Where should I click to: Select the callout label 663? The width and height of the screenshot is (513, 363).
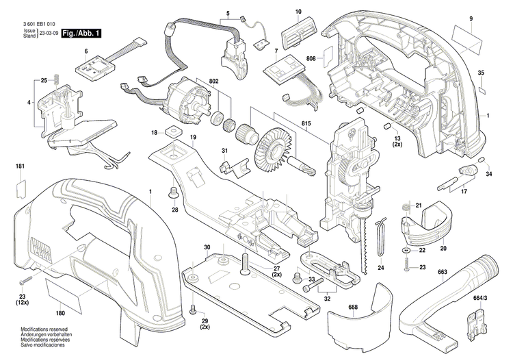pos(443,272)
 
